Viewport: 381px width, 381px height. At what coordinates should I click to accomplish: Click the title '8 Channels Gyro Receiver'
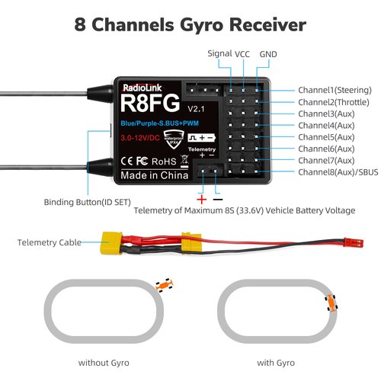(x=190, y=24)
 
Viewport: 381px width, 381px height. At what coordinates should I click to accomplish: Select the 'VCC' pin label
(x=242, y=53)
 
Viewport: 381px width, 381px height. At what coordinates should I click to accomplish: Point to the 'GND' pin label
(x=268, y=53)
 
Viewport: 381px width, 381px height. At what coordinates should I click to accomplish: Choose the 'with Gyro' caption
(x=274, y=362)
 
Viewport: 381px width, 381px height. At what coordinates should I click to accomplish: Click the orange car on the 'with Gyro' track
(x=333, y=303)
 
